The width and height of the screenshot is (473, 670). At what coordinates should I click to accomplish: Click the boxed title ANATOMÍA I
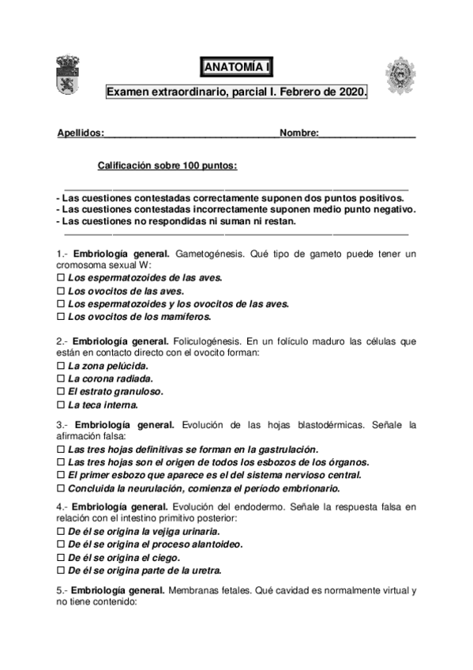coord(236,67)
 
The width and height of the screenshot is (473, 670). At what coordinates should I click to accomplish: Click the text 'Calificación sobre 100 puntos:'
coord(167,166)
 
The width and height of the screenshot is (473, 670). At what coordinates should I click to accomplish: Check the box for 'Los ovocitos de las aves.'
coord(62,291)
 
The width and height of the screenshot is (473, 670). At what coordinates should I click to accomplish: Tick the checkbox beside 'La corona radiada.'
coord(62,379)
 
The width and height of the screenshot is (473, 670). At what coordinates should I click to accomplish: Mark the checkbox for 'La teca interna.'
coord(62,405)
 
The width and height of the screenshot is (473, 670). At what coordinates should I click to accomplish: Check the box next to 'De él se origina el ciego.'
coord(62,558)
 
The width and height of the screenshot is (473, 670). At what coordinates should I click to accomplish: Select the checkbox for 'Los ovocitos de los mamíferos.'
coord(62,316)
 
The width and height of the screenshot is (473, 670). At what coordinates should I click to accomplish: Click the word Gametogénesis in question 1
coord(211,253)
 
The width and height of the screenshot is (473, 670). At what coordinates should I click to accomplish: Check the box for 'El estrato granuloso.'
coord(62,392)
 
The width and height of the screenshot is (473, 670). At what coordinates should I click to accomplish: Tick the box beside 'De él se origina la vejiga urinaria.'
coord(62,533)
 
